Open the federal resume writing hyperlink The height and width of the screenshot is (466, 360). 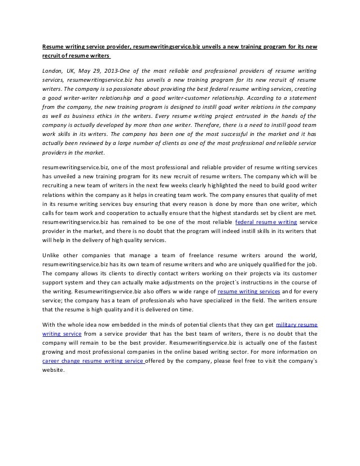258,222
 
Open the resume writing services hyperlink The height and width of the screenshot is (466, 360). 249,291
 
